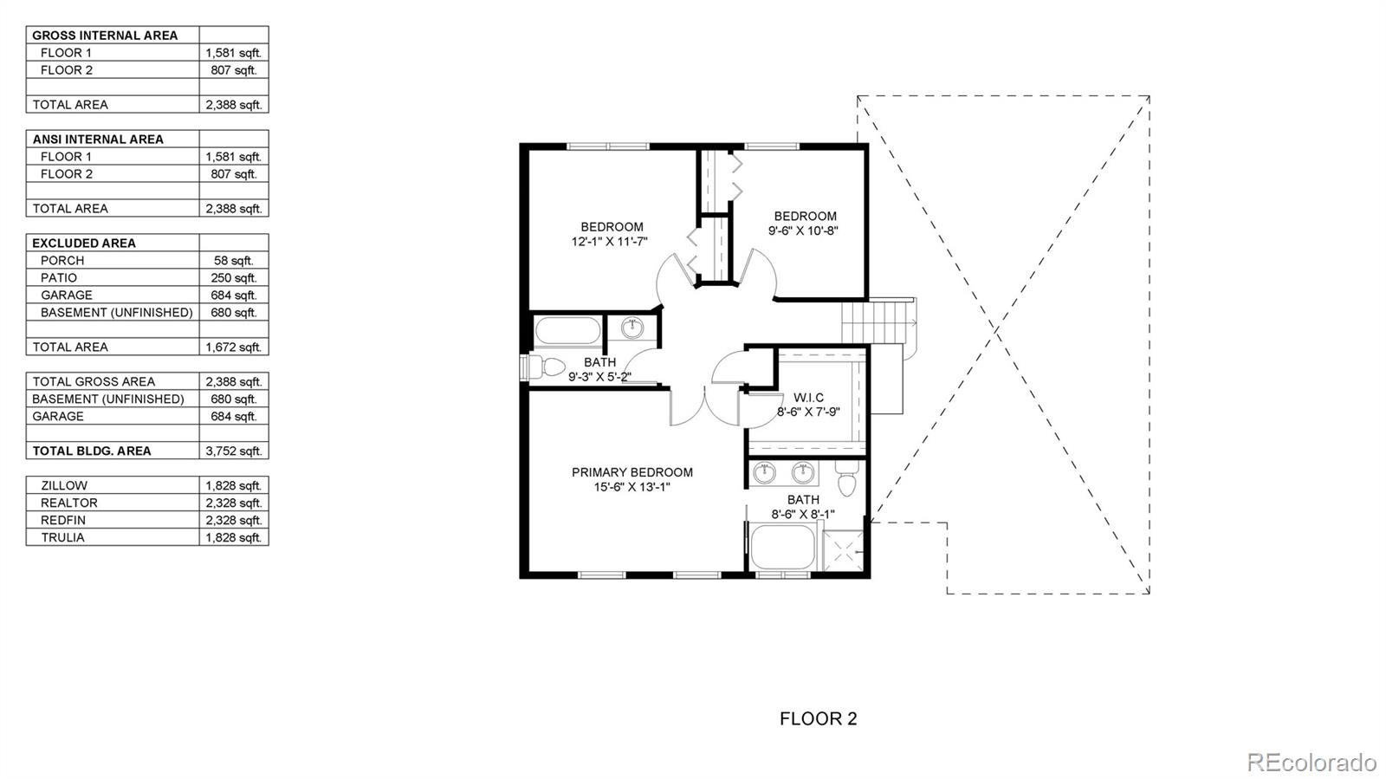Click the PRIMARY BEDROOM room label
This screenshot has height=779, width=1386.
(631, 472)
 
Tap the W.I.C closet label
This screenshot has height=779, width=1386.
(807, 398)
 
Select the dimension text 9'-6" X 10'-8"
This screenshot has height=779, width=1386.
(803, 230)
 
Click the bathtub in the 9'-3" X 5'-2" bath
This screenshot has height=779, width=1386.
(567, 331)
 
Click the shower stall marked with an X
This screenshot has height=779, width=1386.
(842, 550)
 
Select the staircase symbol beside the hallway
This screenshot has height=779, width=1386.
(878, 321)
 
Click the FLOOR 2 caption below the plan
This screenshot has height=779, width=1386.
(818, 718)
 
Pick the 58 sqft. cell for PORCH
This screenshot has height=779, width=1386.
(233, 260)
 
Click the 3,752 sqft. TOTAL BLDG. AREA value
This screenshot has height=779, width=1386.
(233, 451)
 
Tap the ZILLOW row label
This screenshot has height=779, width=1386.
(63, 485)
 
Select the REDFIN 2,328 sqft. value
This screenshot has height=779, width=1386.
(233, 520)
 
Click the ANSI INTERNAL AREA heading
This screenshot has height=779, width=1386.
(98, 139)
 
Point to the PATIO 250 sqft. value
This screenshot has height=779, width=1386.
(233, 277)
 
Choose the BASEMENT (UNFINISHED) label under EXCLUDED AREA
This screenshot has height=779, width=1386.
(116, 312)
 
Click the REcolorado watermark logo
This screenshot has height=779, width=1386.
(1311, 762)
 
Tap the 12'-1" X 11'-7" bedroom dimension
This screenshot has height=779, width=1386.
(609, 242)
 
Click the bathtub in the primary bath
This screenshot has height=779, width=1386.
(782, 548)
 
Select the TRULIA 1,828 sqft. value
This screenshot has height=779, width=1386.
(233, 537)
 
